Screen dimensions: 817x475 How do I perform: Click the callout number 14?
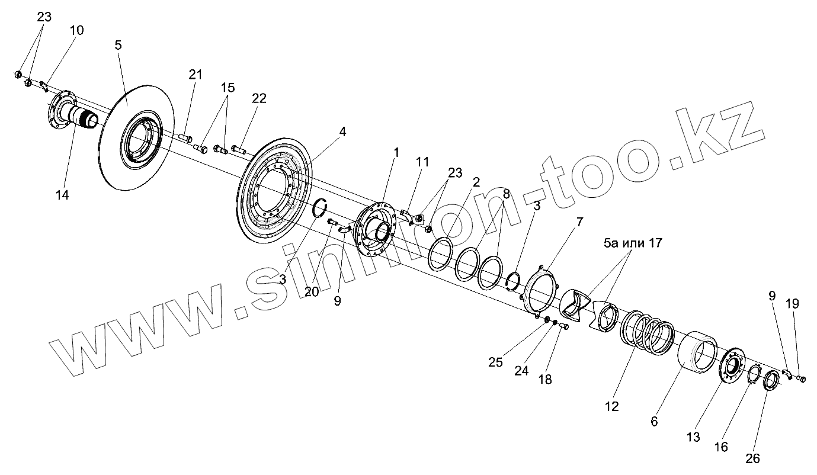pos(62,195)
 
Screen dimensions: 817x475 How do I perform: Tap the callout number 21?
pos(196,75)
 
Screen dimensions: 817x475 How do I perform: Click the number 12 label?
pos(611,406)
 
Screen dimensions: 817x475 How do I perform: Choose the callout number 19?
pos(792,304)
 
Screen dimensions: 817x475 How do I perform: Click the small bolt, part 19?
pos(799,378)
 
